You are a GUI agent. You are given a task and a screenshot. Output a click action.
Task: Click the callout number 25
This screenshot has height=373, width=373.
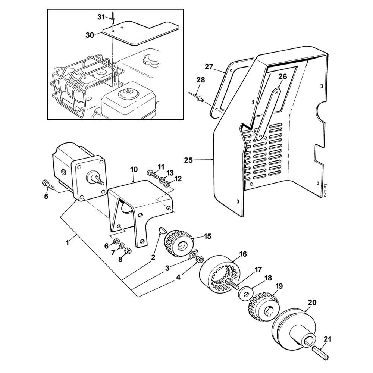point(188,160)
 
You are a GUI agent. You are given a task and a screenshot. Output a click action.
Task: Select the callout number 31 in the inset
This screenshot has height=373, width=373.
point(101,17)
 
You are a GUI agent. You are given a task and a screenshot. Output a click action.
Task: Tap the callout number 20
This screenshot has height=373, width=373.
point(312,303)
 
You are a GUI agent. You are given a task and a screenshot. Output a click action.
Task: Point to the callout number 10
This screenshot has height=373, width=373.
point(134,170)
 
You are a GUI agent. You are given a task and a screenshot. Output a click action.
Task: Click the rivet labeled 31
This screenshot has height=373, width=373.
point(113,19)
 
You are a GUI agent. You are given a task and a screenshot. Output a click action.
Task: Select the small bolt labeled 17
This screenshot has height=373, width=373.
point(232,283)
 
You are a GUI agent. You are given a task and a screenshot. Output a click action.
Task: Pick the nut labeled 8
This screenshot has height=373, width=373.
point(128,251)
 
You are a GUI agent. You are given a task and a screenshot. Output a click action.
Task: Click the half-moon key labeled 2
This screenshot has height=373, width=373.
point(162,231)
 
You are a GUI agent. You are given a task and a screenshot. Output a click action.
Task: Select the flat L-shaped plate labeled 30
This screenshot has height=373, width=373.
point(140,32)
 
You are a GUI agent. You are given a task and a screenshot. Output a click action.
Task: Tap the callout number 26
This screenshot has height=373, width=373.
point(283,76)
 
